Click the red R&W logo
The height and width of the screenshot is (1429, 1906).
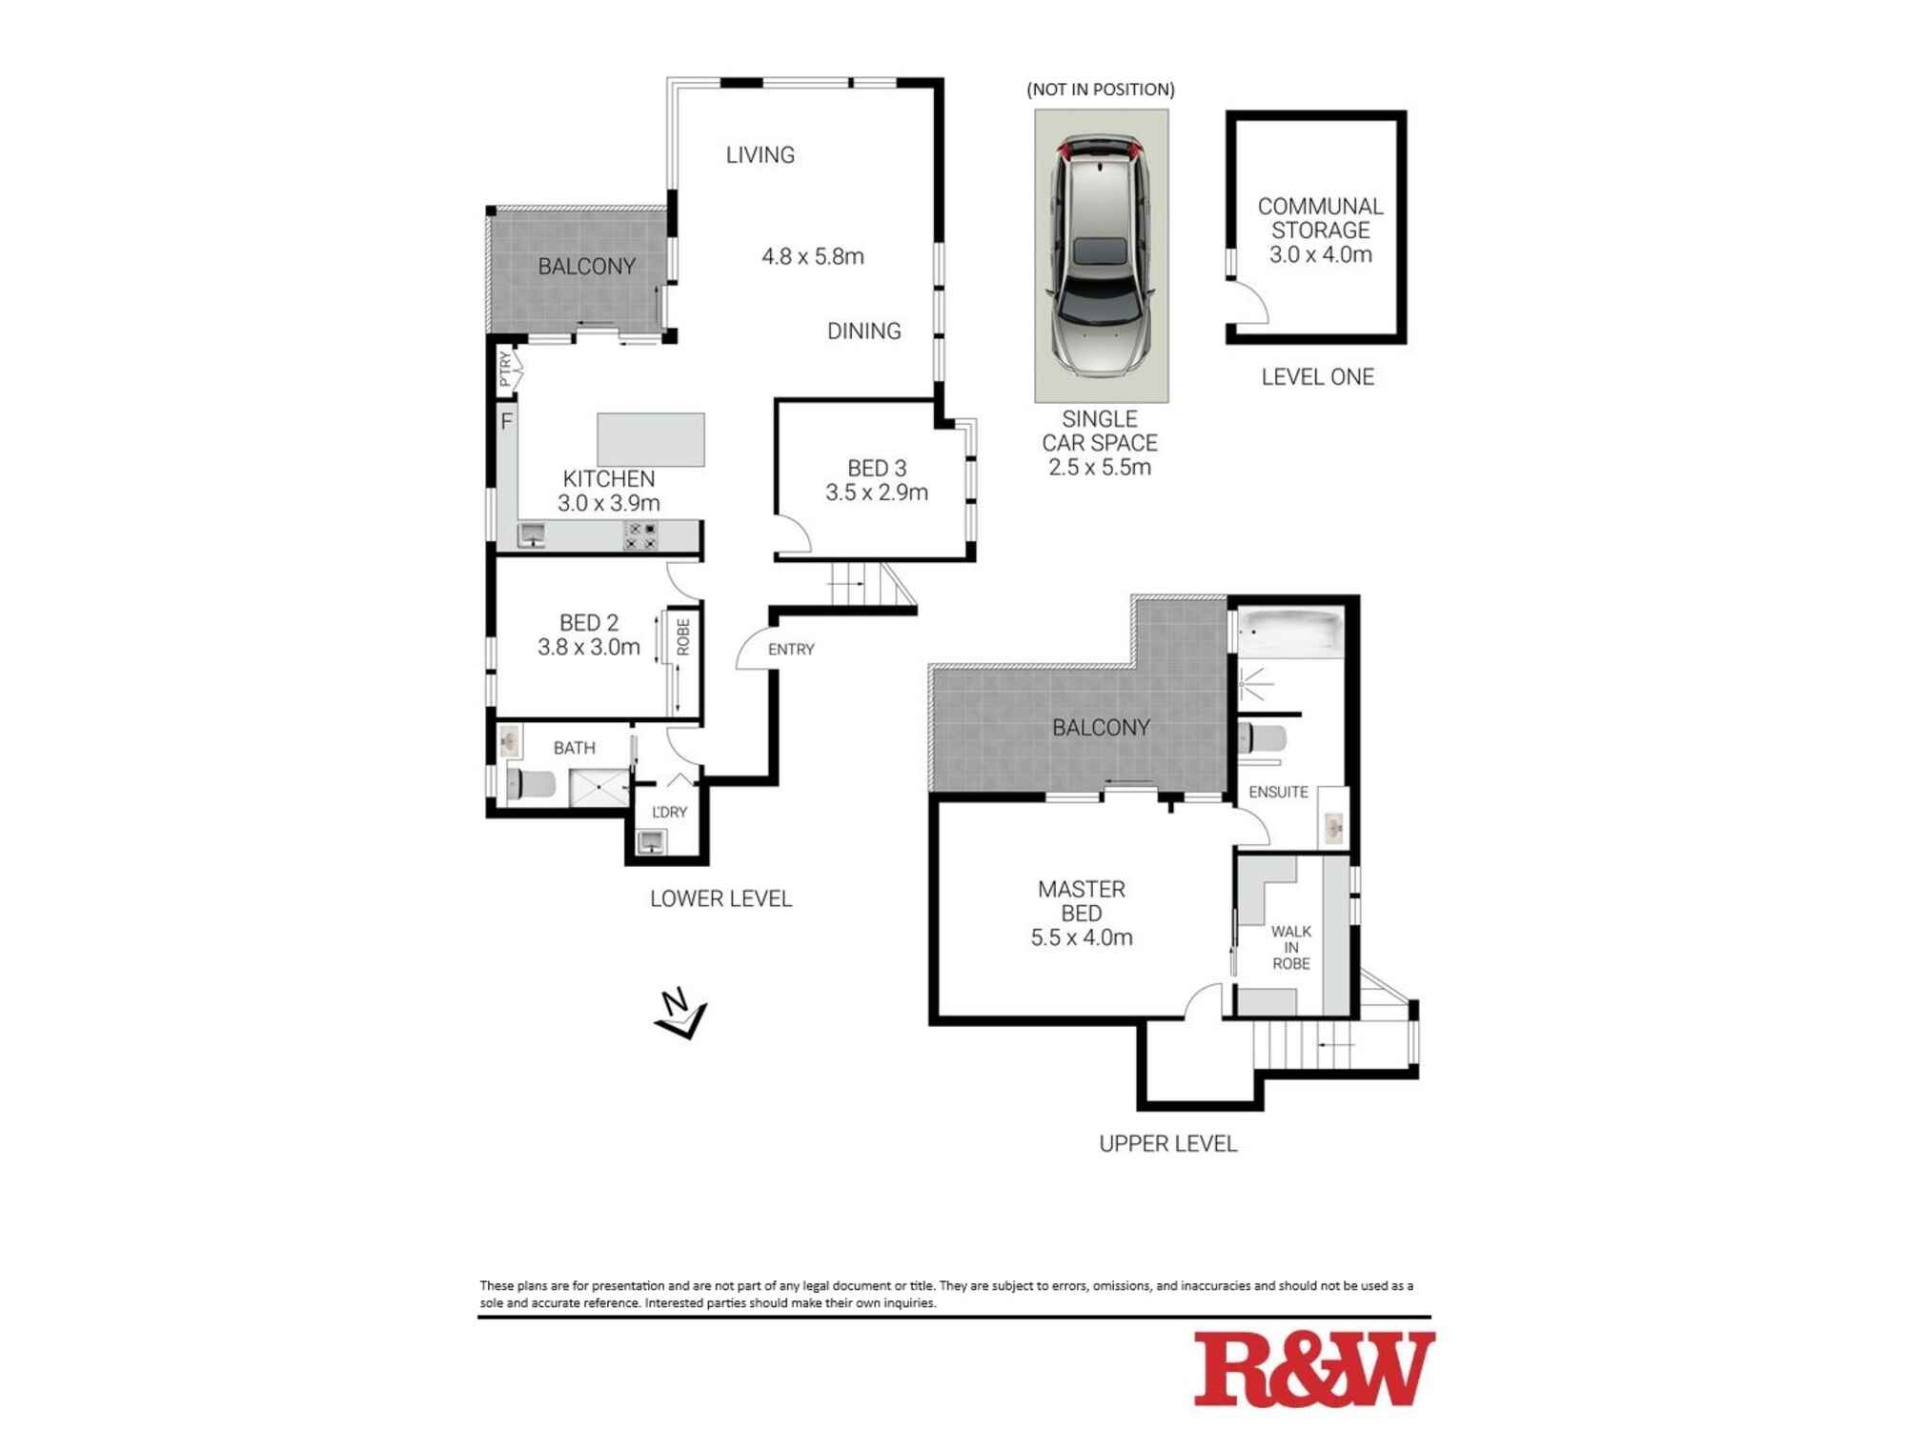[1314, 1369]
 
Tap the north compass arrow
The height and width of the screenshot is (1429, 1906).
[680, 1014]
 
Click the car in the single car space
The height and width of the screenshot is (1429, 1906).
[1101, 254]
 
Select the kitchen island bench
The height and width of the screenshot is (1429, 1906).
[651, 439]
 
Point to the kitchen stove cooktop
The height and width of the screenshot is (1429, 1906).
[640, 535]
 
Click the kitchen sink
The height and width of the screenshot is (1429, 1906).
[532, 535]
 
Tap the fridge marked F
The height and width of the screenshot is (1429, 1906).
[507, 420]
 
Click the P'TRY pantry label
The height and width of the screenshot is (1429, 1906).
[506, 369]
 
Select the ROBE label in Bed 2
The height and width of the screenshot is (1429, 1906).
[683, 636]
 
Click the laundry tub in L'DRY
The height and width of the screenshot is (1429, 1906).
[653, 841]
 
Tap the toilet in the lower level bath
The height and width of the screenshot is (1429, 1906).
[532, 784]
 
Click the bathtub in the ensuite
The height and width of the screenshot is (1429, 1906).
[1290, 631]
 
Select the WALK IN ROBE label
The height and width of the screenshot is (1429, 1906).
[1291, 947]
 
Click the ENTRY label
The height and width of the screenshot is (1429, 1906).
[791, 650]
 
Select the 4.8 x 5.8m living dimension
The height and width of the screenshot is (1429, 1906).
[813, 256]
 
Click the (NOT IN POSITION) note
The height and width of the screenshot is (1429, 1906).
[1101, 90]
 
